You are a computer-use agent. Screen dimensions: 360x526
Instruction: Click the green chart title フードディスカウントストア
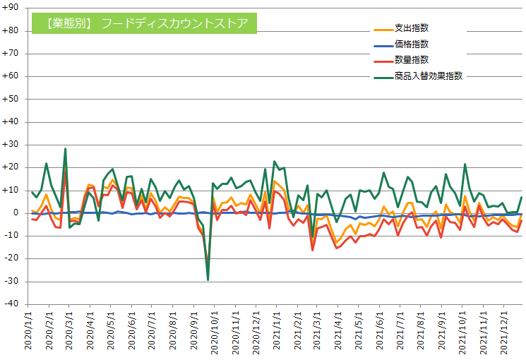(144, 23)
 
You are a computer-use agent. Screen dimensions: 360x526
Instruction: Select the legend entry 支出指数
(412, 29)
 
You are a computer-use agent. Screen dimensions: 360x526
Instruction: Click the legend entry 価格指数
(412, 44)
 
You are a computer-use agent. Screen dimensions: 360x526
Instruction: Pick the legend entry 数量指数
(412, 60)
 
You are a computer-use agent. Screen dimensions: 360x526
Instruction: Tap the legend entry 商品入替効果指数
(429, 76)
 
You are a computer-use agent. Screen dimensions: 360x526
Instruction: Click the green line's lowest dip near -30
(208, 280)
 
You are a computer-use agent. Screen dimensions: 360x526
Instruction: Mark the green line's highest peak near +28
(65, 149)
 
